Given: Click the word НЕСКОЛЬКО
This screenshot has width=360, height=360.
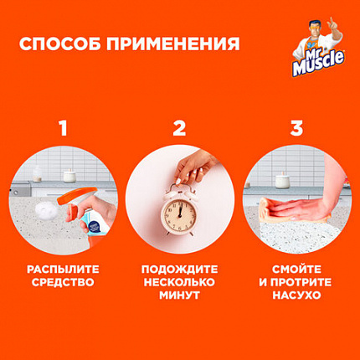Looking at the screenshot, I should tap(179, 283).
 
